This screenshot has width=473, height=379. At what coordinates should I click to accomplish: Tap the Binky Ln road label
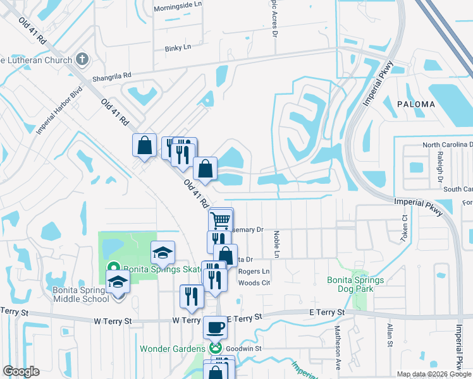177,48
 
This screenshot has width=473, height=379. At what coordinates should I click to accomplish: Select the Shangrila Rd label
111,76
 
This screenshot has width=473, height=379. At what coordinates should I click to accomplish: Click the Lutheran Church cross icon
81,59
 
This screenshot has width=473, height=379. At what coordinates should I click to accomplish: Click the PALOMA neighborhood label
415,104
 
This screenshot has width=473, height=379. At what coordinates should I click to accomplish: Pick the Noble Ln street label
276,242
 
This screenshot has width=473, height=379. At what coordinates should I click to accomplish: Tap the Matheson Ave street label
338,354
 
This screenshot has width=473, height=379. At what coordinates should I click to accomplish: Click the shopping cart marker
221,221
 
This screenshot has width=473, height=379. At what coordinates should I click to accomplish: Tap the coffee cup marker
214,327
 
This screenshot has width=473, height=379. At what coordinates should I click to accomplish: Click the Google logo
21,371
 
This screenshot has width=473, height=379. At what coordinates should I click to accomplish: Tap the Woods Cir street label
254,283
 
